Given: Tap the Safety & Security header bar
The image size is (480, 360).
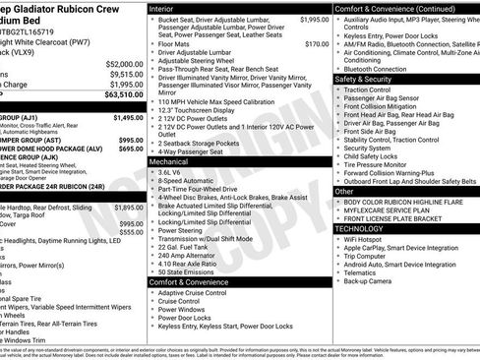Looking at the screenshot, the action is coord(367,79).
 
